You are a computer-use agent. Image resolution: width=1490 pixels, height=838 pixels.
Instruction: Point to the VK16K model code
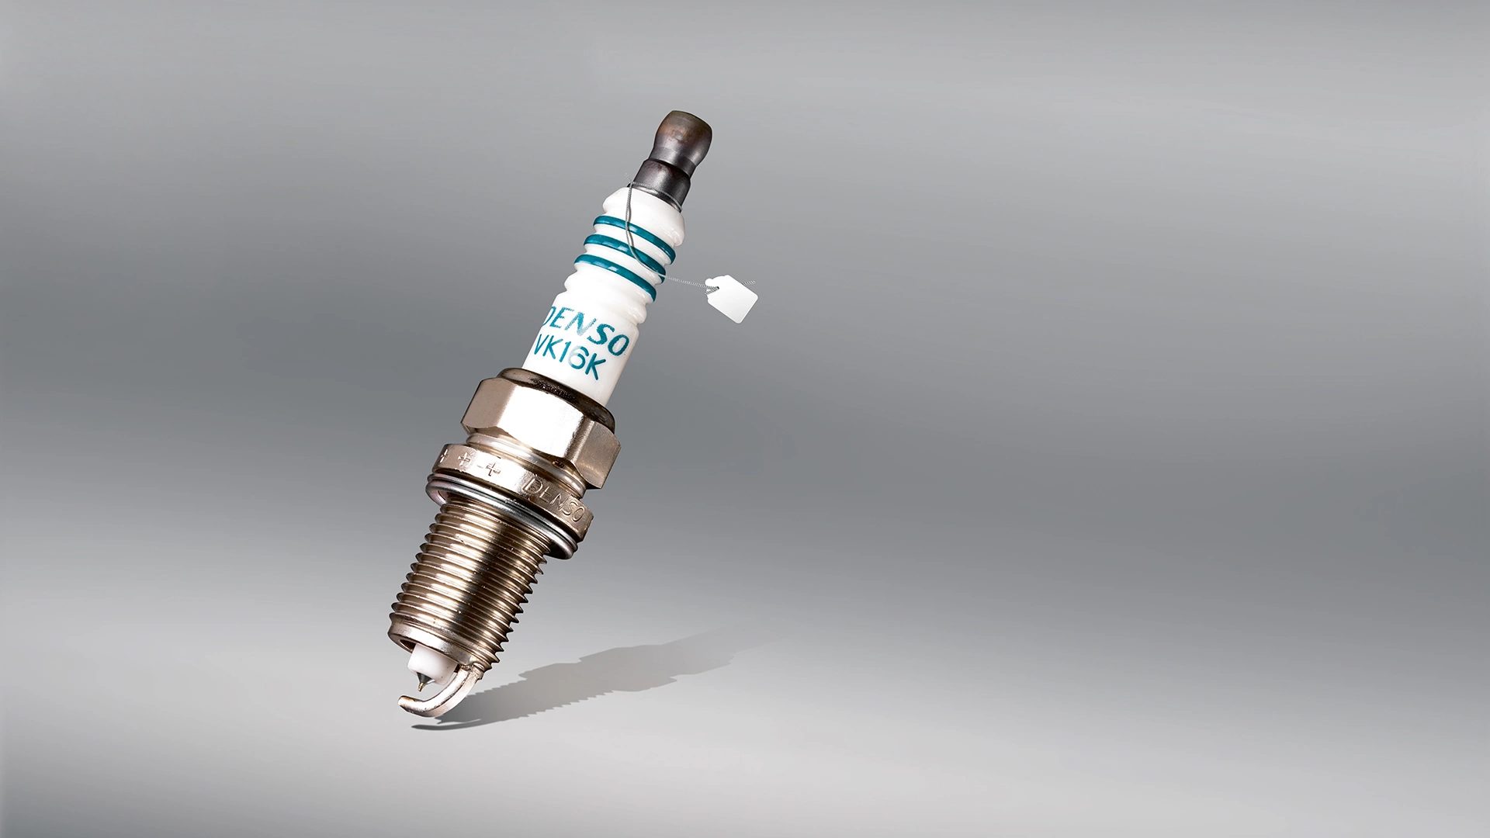567,357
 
